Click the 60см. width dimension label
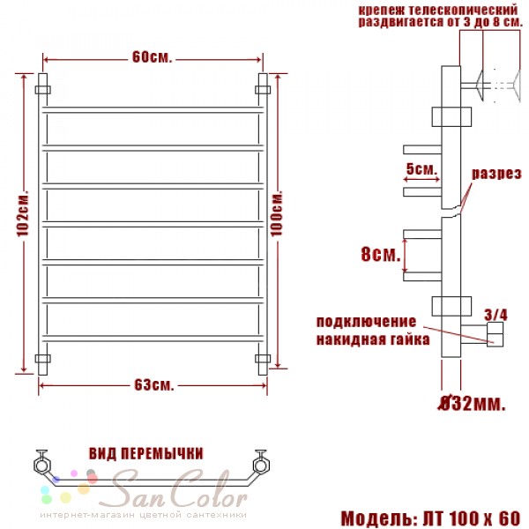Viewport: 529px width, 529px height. point(153,57)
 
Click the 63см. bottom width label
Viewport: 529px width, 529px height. point(154,385)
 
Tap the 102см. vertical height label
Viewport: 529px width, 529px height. point(23,214)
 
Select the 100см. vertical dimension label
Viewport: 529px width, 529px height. point(277,214)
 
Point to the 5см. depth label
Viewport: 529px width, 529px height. point(421,168)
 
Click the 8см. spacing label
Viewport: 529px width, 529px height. point(381,254)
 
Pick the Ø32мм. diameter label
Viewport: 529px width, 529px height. point(472,403)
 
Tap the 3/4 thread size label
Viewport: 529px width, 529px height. point(495,315)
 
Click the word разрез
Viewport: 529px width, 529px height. point(495,174)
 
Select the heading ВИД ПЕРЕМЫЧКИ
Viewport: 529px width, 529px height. point(146,453)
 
